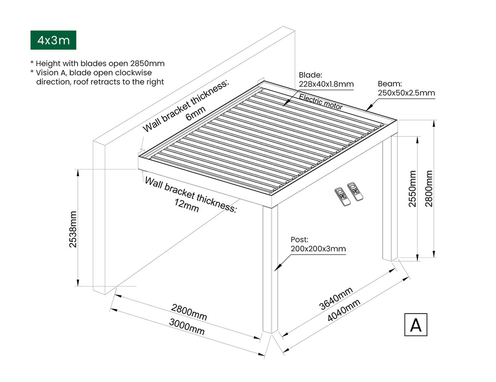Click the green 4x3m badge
point(53,40)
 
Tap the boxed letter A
point(416,325)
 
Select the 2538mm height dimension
point(73,229)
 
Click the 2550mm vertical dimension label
point(413,188)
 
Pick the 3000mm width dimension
point(186,327)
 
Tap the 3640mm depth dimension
point(336,298)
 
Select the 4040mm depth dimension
point(343,310)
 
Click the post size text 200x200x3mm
point(318,249)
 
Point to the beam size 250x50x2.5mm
point(406,93)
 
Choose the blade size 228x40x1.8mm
point(326,84)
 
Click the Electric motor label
point(321,101)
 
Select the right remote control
point(355,190)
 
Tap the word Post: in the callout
point(299,240)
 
